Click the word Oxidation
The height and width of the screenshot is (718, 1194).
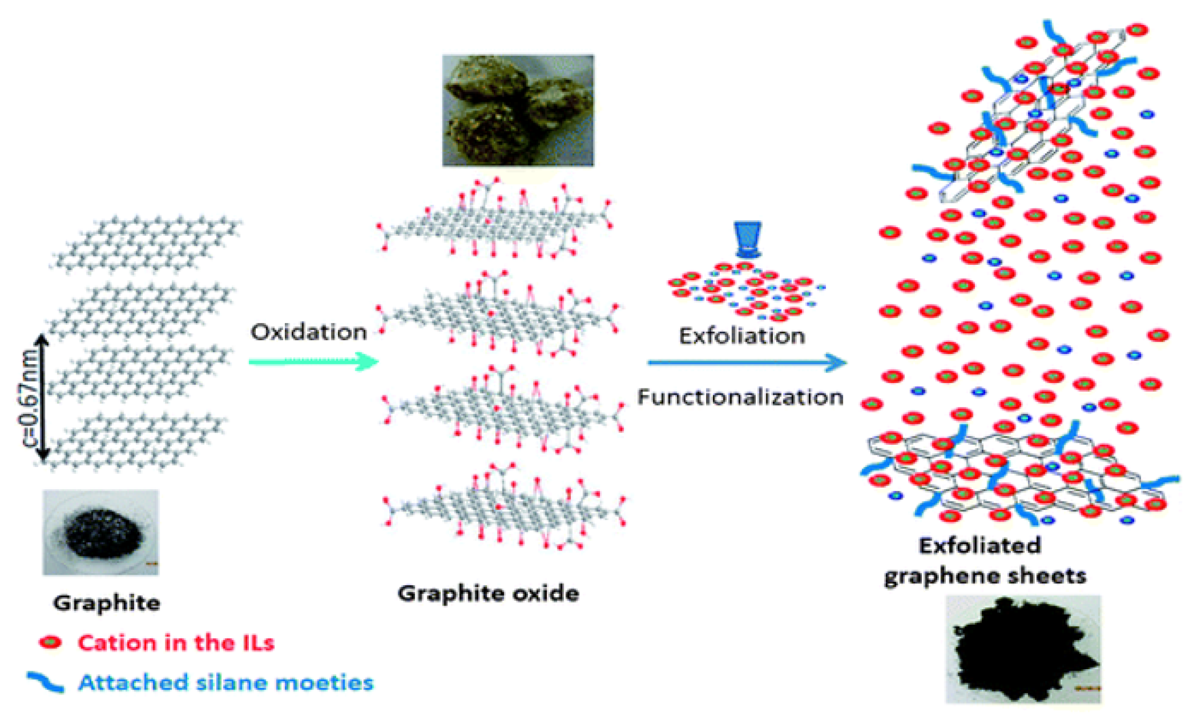(308, 332)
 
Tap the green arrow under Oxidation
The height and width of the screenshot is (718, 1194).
(313, 362)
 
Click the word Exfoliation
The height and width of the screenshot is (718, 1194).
(742, 336)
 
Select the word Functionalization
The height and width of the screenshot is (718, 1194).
(740, 397)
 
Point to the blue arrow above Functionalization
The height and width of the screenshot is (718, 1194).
(746, 363)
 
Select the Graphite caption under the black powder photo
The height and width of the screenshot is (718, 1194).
(107, 603)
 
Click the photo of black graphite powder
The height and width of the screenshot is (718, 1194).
(101, 532)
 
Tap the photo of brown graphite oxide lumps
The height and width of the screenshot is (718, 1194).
(518, 110)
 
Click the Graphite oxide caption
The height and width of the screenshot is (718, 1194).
(488, 593)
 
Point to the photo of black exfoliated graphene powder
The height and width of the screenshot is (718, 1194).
(1023, 649)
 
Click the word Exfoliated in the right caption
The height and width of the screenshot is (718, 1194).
(980, 546)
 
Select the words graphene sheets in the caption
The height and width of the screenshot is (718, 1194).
(985, 576)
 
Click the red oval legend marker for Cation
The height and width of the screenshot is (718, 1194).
(50, 643)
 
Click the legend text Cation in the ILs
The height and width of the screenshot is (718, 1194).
(176, 643)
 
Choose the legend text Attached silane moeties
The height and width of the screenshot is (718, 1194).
(225, 682)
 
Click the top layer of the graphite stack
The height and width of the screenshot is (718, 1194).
(146, 244)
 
